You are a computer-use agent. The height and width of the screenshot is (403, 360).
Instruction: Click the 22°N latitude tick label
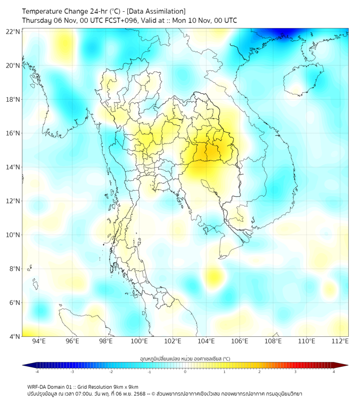(13, 31)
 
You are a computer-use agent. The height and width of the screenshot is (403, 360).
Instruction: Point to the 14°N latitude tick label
(13, 167)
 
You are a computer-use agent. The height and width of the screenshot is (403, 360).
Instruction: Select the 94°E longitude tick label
(39, 341)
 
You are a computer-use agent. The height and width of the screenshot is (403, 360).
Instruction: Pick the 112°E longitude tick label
(339, 341)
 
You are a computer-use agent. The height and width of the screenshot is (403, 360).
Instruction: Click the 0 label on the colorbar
(185, 372)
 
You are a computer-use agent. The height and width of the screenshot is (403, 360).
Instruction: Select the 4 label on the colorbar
(334, 372)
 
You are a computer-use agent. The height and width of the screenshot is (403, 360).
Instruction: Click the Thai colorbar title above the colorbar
(185, 358)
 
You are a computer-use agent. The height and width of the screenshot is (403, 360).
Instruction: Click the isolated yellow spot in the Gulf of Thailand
(214, 277)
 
